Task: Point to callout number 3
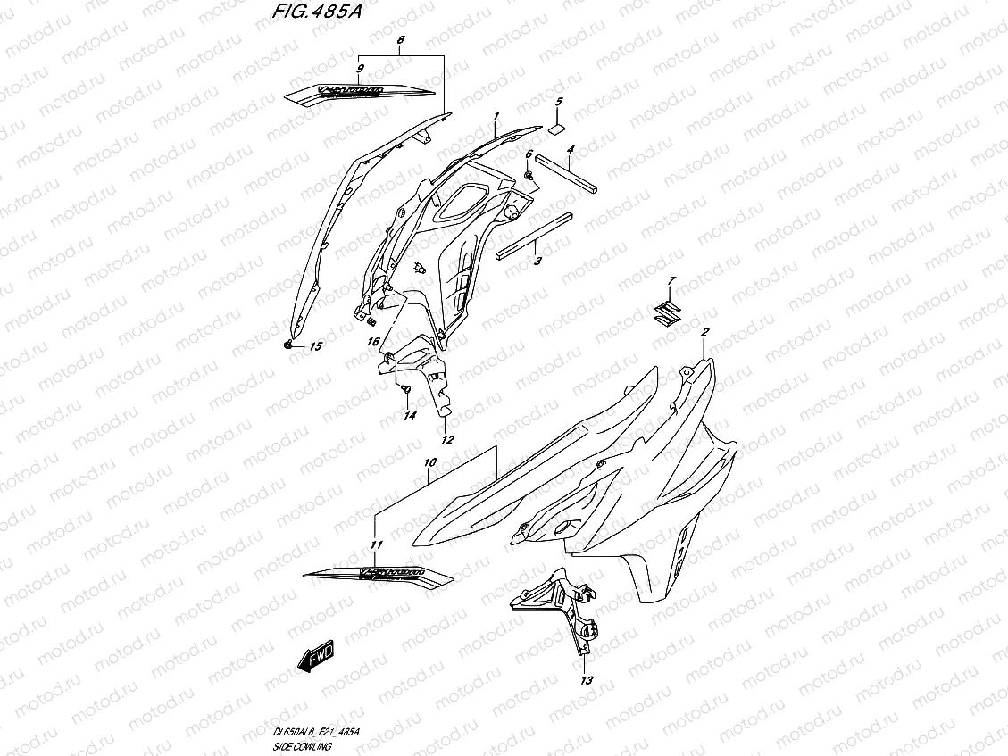coord(537,262)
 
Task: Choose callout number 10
coord(429,463)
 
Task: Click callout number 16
coord(372,340)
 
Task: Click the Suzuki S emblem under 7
coord(664,311)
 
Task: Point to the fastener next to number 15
coord(288,343)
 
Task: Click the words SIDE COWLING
coord(302,744)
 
